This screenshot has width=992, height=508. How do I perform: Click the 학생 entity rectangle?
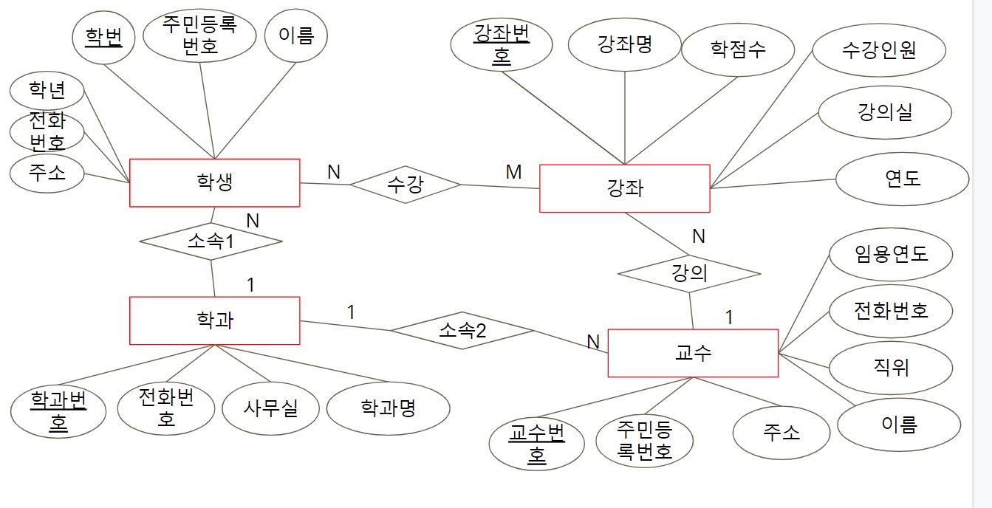point(214,182)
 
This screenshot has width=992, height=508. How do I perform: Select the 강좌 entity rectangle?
point(625,188)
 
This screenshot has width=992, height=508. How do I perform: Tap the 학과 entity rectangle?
point(214,320)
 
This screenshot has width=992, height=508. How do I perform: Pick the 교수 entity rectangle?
point(693,353)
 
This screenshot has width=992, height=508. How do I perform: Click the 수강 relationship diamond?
point(405,184)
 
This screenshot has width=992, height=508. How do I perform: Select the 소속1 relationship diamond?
point(211,241)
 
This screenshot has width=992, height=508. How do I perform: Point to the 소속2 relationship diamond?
point(462,330)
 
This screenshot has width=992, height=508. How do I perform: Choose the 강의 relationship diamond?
point(689,274)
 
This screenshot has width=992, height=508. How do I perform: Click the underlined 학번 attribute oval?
point(103,37)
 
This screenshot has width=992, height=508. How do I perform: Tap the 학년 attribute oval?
point(47,91)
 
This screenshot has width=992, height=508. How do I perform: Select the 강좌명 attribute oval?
point(625,44)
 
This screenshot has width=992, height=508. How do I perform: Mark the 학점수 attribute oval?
point(738,49)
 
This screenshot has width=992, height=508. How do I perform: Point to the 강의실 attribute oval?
point(885,112)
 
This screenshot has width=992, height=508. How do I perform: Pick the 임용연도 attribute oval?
point(891,254)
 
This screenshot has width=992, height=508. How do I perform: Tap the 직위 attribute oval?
point(891,367)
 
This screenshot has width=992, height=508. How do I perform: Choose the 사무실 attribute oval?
point(270,408)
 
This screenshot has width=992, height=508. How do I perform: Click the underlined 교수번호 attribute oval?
point(536,444)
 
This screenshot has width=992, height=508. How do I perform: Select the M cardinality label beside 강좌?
point(513,172)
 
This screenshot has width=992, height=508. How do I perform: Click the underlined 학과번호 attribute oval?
point(58,411)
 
